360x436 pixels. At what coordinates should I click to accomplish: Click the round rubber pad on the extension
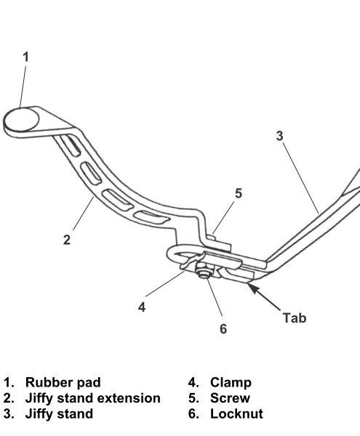(21, 120)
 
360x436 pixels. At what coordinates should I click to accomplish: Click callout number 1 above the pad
(25, 57)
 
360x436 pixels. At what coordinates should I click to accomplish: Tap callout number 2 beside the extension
(67, 240)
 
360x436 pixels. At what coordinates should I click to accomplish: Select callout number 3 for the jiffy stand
(279, 136)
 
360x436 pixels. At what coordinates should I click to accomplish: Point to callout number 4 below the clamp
(142, 307)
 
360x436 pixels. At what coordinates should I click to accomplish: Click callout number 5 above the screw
(239, 193)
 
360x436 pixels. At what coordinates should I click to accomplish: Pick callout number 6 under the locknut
(223, 328)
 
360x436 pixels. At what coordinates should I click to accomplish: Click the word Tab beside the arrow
(295, 318)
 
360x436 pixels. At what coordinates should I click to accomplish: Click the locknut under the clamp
(204, 271)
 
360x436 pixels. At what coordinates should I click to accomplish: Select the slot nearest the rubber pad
(70, 145)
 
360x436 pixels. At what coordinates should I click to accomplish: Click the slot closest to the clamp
(151, 217)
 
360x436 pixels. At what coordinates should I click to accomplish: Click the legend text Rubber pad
(63, 382)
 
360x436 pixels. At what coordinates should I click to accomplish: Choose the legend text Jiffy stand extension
(92, 398)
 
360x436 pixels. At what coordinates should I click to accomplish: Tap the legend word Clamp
(231, 382)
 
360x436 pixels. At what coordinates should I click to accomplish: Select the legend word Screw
(230, 398)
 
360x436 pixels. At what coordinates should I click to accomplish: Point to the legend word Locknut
(236, 413)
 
